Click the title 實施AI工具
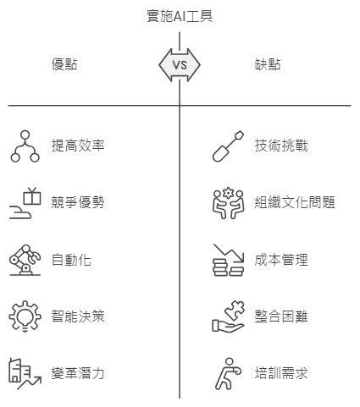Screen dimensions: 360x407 coord(180,16)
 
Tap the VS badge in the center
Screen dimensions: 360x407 coord(180,65)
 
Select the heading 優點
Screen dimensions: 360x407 coord(64,64)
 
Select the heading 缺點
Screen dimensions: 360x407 coord(268,64)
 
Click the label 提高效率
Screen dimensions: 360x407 coord(78,146)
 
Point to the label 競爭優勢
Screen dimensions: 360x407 coord(78,202)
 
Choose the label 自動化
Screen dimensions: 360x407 coord(71,260)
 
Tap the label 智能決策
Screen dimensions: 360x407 coord(78,316)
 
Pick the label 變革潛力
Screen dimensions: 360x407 coord(78,373)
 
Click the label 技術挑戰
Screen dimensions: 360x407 coord(281,146)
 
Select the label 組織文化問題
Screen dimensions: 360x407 coord(295,202)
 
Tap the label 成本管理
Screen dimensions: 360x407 coord(281,260)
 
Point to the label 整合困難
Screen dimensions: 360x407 coord(281,316)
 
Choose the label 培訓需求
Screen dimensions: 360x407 coord(281,373)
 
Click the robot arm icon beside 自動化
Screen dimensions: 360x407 coord(25,260)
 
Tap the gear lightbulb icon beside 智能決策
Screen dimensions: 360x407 coord(25,316)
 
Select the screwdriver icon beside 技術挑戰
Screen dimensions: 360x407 coord(228,146)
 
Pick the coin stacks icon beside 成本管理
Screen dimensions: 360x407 coord(228,260)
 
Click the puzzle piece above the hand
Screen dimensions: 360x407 coord(235,310)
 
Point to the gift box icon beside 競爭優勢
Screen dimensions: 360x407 coord(32,196)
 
